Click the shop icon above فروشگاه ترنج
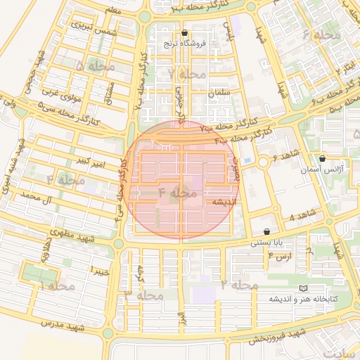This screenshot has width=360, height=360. point(184,33)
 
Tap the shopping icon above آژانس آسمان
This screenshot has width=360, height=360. point(322,159)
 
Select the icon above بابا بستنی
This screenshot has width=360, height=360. point(267,232)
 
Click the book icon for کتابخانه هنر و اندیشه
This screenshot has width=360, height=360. point(303,288)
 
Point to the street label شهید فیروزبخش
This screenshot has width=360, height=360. point(276,335)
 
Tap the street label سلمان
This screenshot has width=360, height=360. point(219,93)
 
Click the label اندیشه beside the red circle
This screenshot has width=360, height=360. point(218,202)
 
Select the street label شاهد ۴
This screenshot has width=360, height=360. point(303,216)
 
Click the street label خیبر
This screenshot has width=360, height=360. point(98,270)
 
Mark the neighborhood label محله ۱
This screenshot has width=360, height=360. point(51,286)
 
